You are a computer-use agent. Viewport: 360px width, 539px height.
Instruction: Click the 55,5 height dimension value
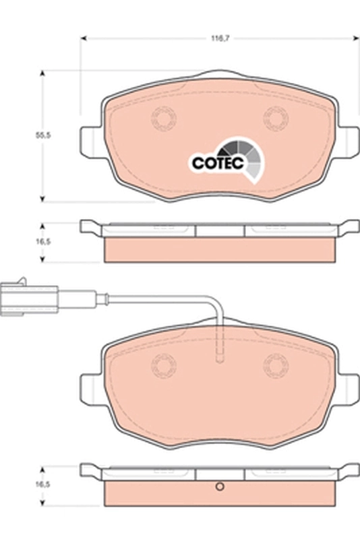(44, 135)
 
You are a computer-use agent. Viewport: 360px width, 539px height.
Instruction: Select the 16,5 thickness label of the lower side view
(44, 484)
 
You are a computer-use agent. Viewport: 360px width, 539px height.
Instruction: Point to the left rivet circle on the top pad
(163, 120)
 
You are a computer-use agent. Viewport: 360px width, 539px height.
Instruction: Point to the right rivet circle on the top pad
(275, 120)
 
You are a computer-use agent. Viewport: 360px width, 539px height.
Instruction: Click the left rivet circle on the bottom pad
(163, 367)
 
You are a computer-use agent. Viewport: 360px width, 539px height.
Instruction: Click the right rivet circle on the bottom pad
(275, 367)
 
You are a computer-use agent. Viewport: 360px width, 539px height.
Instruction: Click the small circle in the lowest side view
(219, 487)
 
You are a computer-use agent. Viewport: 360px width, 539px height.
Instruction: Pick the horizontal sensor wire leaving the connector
(135, 297)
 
